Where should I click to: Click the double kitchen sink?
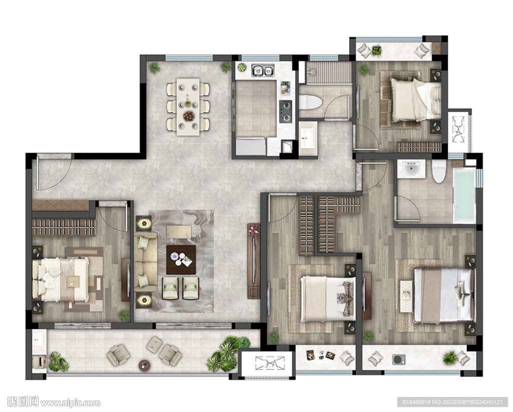[x=263, y=70]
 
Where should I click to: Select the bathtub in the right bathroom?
[x=464, y=196]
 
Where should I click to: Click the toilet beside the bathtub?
[x=439, y=171]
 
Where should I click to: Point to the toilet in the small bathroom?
[x=310, y=101]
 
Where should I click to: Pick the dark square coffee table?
[x=181, y=260]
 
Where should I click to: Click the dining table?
[x=188, y=106]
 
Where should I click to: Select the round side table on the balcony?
[x=144, y=365]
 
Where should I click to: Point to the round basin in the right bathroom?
[x=411, y=169]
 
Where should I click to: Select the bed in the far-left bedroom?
[x=61, y=279]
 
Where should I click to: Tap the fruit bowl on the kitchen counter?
[x=242, y=68]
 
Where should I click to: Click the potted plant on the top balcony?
[x=377, y=51]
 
